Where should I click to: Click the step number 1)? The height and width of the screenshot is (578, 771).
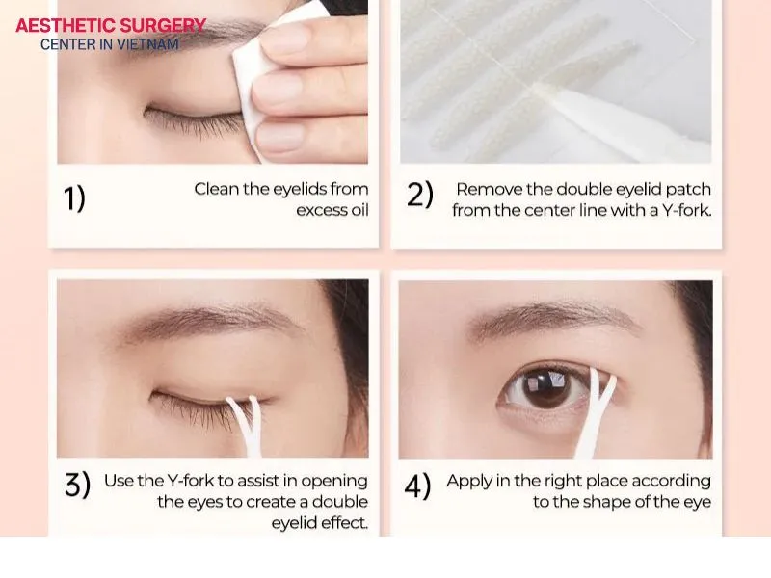[x=74, y=198]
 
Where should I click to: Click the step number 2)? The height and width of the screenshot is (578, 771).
[x=420, y=195]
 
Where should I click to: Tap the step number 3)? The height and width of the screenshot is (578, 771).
[x=77, y=486]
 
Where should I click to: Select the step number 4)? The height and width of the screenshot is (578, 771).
[x=417, y=486]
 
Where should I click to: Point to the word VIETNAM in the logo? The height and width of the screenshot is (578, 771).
[x=152, y=44]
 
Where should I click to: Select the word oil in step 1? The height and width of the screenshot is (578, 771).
[x=358, y=210]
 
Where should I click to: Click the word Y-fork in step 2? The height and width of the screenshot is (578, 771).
[x=683, y=210]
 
